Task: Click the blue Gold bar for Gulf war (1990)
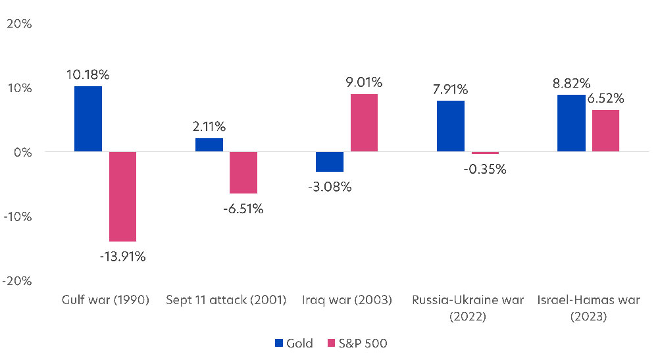point(88,119)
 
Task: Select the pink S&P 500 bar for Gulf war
point(122,197)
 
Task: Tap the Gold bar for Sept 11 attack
point(209,145)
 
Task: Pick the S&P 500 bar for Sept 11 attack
point(243,172)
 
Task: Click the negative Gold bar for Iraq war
point(330,162)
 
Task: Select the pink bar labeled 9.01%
point(364,123)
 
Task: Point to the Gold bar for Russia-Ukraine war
point(451,126)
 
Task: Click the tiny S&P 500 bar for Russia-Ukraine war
point(485,153)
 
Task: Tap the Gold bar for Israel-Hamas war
point(571,123)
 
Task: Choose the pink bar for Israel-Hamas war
point(605,131)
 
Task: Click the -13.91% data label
point(123,257)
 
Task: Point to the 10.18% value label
point(88,74)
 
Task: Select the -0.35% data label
point(485,169)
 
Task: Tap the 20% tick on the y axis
point(19,24)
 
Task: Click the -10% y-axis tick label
point(18,217)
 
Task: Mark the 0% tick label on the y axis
point(23,152)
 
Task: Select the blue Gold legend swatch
point(278,343)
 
